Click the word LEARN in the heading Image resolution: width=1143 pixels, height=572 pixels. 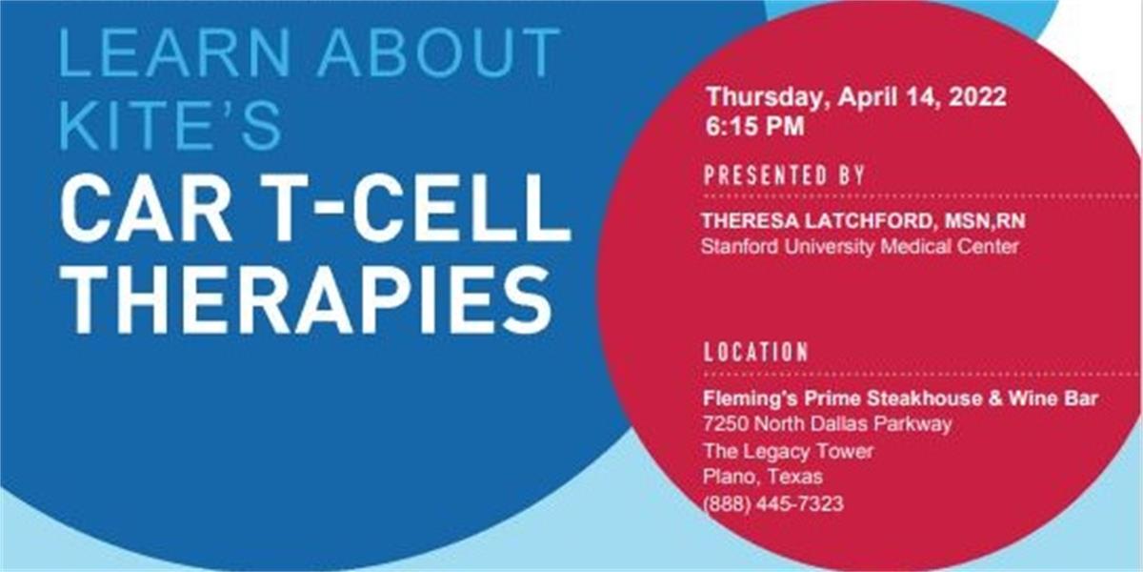click(174, 51)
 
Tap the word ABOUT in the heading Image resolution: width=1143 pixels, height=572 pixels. click(439, 51)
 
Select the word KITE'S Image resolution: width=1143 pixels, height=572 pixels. click(170, 126)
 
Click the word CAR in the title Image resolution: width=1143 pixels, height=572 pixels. click(146, 208)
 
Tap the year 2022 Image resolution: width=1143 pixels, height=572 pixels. click(977, 96)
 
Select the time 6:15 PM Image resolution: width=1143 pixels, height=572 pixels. click(755, 126)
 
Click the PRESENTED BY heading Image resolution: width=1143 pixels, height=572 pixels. click(784, 175)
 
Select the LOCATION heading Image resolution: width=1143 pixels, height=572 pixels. click(755, 352)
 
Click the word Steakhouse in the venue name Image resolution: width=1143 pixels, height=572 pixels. click(924, 398)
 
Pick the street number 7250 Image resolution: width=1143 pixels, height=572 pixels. click(725, 424)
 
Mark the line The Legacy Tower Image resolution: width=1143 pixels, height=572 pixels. click(789, 452)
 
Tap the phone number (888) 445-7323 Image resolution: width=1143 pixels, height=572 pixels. click(773, 504)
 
